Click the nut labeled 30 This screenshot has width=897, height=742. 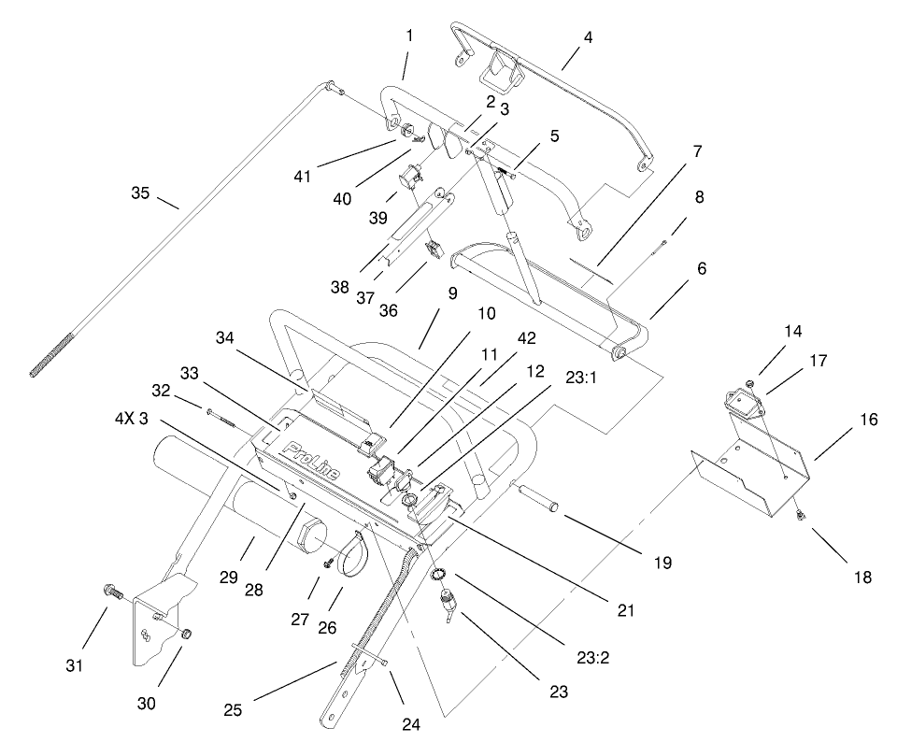(185, 635)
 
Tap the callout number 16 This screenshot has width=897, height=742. (869, 420)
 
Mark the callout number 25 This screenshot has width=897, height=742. (233, 710)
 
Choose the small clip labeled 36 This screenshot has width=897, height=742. (433, 250)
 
